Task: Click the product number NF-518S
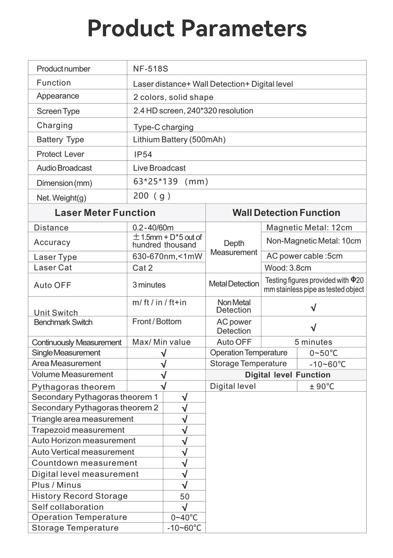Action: [150, 69]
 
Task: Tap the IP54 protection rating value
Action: [143, 155]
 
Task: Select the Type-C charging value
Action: [163, 127]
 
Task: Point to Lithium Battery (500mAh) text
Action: [179, 140]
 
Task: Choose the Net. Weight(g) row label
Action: [61, 198]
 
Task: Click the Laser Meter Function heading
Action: [105, 213]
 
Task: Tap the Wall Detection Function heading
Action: [286, 213]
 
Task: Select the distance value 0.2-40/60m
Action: [153, 228]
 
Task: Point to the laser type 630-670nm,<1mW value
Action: [167, 257]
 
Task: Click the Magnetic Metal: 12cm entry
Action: [309, 227]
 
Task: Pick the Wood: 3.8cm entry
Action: [288, 268]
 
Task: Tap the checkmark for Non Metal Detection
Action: [313, 308]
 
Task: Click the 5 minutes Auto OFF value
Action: [313, 342]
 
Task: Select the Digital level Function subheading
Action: [287, 375]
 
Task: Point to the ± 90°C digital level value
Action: [321, 386]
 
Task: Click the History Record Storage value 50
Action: [184, 497]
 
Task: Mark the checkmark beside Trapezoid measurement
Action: [184, 430]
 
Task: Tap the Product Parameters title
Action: [197, 28]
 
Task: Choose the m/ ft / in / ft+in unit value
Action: [159, 303]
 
